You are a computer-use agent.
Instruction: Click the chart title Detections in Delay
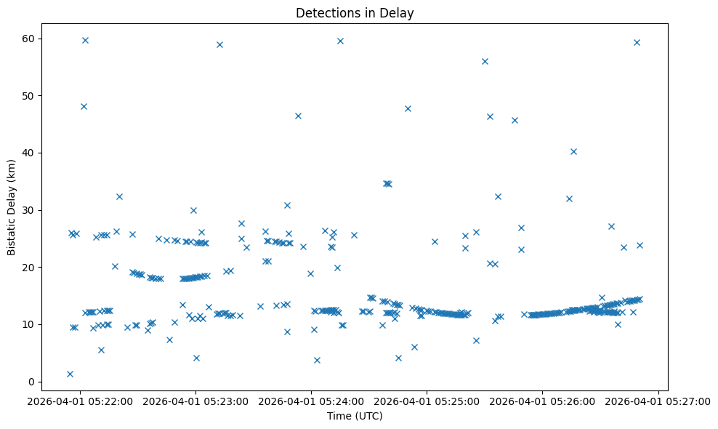coord(355,13)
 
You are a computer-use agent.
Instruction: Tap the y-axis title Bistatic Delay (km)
coord(12,207)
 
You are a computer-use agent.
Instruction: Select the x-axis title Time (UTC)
coord(355,417)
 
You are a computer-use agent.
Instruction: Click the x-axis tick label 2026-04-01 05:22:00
coord(80,401)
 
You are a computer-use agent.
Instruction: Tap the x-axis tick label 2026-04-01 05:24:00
coord(312,401)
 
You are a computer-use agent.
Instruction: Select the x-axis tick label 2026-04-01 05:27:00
coord(658,401)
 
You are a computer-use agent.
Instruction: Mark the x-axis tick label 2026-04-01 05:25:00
coord(427,401)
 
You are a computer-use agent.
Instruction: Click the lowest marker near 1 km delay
coord(70,374)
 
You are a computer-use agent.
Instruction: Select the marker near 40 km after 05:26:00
coord(573,151)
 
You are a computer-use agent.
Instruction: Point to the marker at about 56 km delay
coord(485,61)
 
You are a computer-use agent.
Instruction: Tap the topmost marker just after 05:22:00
coord(85,40)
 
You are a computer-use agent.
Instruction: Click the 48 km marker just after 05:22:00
coord(84,106)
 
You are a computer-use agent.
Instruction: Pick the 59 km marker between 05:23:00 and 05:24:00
coord(219,44)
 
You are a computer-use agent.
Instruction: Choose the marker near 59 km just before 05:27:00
coord(637,42)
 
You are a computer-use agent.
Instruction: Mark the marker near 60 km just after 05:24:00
coord(340,41)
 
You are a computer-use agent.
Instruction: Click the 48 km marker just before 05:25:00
coord(408,108)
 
